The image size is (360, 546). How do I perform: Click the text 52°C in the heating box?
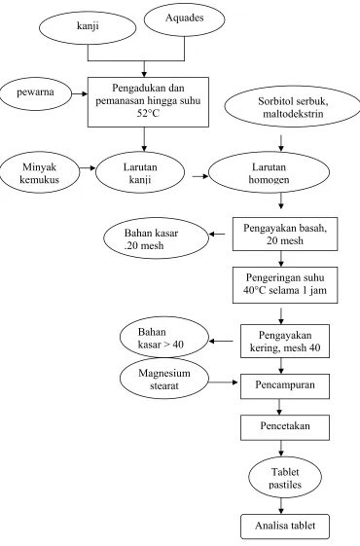click(x=148, y=113)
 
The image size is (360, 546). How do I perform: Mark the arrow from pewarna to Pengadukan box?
click(x=80, y=93)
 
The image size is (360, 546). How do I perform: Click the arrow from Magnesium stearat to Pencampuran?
click(x=223, y=382)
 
